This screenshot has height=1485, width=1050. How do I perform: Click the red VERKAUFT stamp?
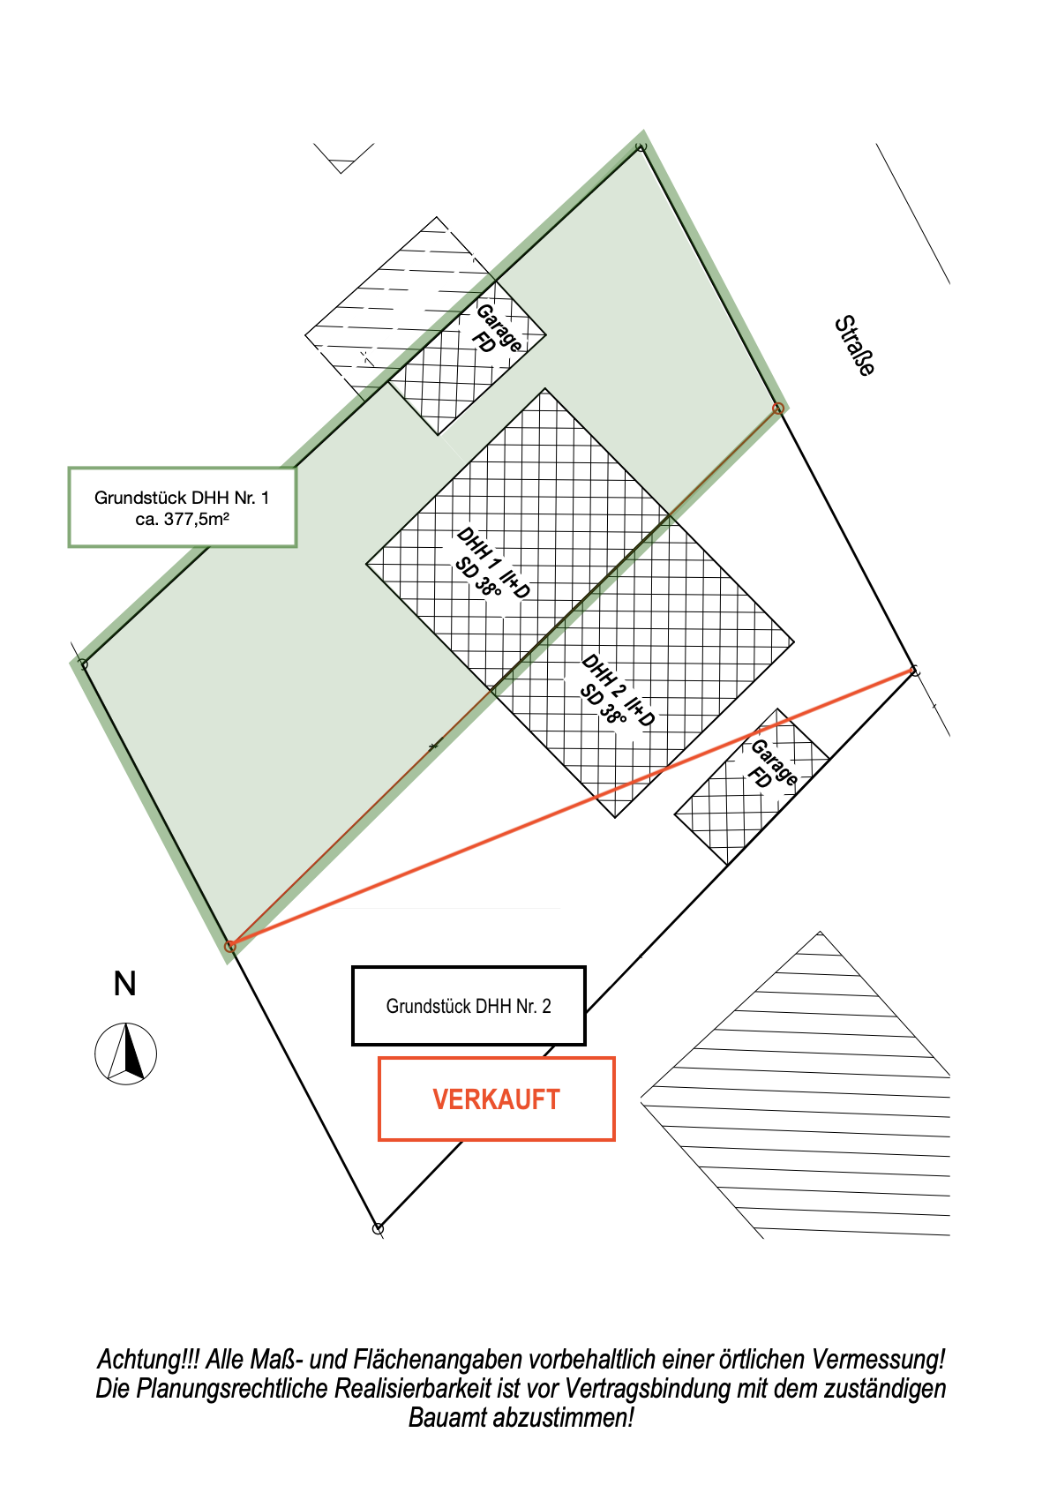tap(496, 1099)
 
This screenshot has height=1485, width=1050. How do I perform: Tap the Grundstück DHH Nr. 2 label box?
tap(468, 1006)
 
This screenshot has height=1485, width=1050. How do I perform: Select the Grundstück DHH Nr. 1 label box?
tap(182, 507)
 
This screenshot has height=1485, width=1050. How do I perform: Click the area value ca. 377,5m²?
tap(182, 519)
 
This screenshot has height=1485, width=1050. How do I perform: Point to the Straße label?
tap(854, 346)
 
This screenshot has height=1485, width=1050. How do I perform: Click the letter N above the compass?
tap(125, 984)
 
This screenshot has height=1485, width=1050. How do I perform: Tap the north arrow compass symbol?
tap(126, 1053)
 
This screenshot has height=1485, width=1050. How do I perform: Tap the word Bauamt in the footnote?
tap(447, 1418)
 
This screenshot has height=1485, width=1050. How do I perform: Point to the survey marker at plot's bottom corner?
tap(379, 1228)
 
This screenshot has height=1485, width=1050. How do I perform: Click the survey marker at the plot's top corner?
tap(641, 146)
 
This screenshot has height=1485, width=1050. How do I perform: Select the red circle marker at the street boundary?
tap(778, 409)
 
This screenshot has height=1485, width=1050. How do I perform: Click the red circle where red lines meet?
tap(230, 946)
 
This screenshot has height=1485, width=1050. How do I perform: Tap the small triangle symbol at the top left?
tap(341, 164)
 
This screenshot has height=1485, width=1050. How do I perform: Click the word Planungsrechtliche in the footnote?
tap(232, 1389)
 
